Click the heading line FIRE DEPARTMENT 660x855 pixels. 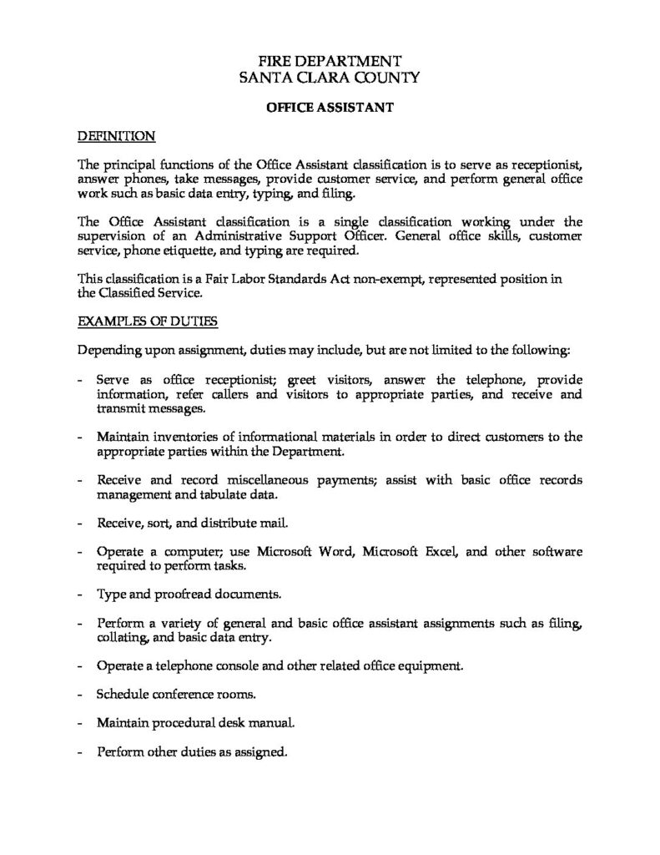330,60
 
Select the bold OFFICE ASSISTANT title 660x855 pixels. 330,107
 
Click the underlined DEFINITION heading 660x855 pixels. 116,134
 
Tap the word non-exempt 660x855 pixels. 390,279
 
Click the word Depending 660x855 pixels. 108,347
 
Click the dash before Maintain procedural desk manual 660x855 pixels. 79,722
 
